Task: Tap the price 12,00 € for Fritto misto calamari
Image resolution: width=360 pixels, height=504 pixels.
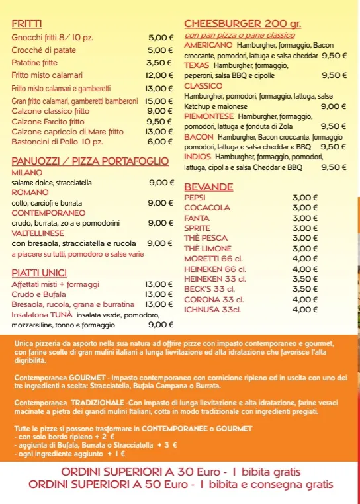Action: point(159,75)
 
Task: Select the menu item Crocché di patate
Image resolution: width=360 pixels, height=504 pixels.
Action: point(44,50)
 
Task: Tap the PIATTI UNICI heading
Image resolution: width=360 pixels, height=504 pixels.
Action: point(39,273)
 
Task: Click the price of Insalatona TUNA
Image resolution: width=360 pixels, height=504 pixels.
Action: point(161,325)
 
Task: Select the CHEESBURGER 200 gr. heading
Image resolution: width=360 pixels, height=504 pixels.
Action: point(242,24)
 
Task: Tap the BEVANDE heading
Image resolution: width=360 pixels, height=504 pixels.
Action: point(208,187)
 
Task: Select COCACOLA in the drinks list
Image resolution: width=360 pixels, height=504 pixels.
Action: point(207,208)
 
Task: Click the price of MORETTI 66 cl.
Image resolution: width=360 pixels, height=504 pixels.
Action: point(305,259)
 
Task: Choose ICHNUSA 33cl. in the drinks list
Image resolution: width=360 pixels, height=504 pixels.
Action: point(212,309)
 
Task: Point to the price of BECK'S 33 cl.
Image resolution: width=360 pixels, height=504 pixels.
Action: point(305,289)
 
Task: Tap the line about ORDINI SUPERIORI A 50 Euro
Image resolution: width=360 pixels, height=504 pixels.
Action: point(181,484)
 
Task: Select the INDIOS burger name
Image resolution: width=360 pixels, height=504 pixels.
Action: point(198,157)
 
